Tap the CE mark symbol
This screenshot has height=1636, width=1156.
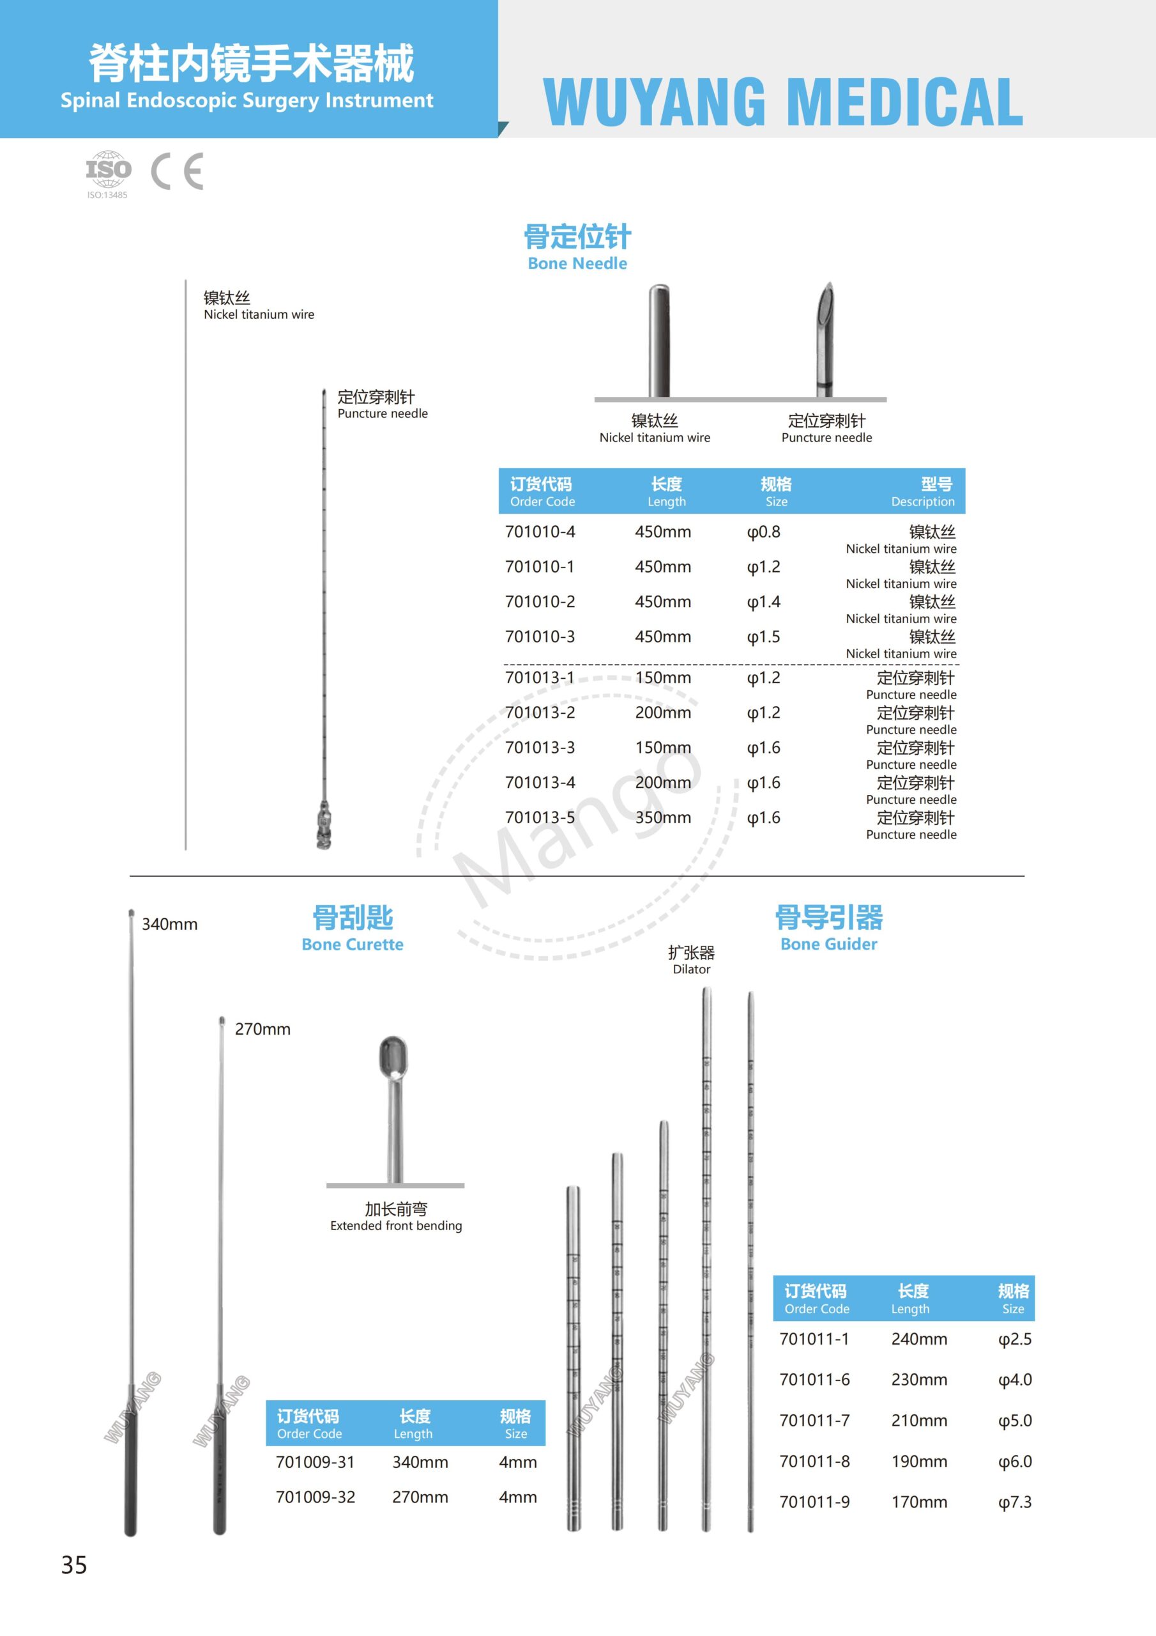click(178, 171)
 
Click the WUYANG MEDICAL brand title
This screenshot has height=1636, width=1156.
click(783, 101)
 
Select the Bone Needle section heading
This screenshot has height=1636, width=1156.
click(577, 247)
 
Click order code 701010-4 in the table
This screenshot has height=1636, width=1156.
click(540, 532)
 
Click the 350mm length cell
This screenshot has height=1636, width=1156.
click(663, 817)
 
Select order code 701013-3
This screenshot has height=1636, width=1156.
click(540, 748)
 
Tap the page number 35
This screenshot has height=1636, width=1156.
click(74, 1565)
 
